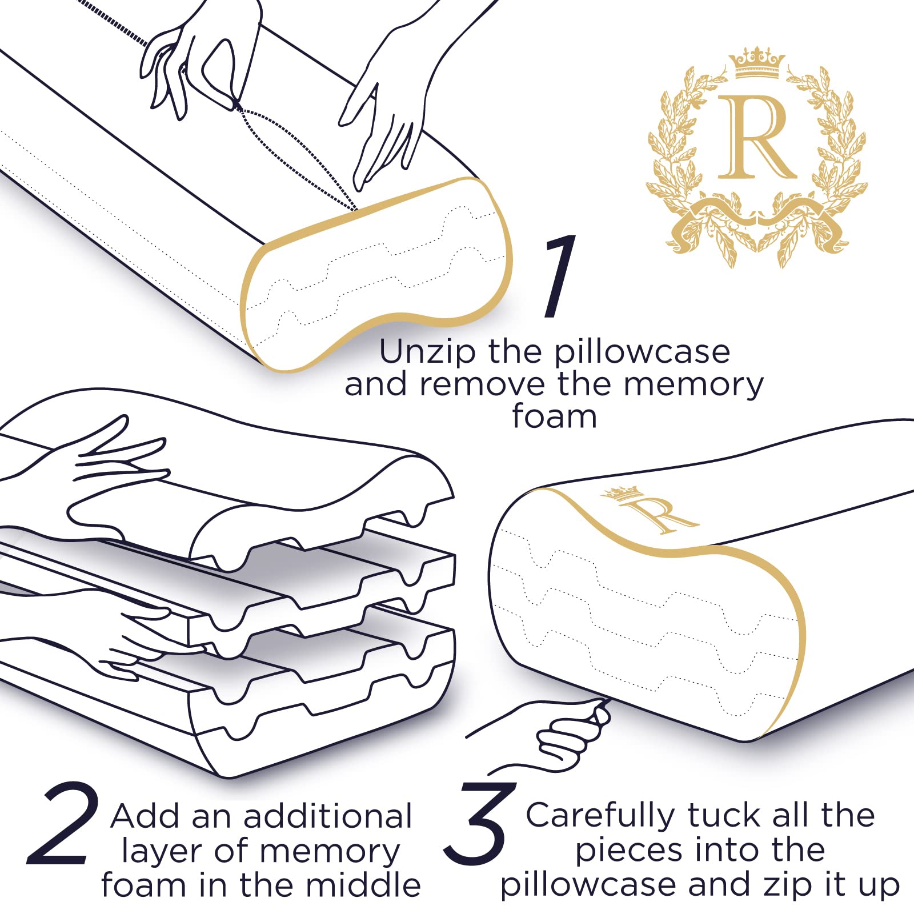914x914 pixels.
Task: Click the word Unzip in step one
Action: click(427, 353)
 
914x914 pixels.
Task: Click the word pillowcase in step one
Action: click(642, 353)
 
